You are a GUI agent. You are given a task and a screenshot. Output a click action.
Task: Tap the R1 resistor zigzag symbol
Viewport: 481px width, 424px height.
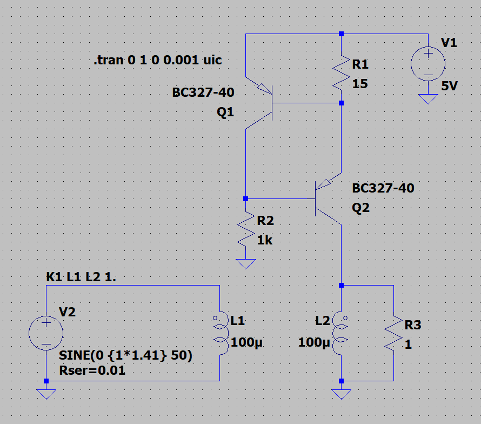(x=341, y=72)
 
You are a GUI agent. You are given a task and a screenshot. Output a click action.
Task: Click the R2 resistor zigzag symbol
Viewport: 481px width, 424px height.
(x=245, y=229)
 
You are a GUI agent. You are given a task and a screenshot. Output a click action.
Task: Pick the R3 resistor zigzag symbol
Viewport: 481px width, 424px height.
(x=393, y=334)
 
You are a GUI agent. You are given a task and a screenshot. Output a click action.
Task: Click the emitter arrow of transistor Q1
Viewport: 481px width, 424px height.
(x=264, y=89)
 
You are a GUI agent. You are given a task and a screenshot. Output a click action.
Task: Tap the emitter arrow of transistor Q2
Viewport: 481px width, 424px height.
(x=323, y=184)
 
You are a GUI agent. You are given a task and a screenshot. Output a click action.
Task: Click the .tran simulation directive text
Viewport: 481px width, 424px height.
(x=158, y=60)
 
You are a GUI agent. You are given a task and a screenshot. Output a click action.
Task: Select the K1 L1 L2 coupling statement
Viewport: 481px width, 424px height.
(x=81, y=277)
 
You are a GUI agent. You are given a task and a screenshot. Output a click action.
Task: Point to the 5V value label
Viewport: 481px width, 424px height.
(x=449, y=86)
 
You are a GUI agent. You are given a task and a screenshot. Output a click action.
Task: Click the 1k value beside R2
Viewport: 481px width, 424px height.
(x=265, y=240)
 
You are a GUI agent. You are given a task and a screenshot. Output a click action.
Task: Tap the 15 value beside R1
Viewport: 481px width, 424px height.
(x=360, y=83)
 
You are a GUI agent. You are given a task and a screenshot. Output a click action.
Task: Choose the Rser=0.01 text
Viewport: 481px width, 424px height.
(x=92, y=370)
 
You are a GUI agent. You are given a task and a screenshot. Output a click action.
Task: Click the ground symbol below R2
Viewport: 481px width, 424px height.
(x=245, y=263)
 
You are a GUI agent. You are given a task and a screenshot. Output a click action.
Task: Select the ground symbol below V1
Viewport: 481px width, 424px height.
(x=428, y=99)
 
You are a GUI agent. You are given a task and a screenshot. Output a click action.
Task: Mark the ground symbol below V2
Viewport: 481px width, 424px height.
(x=46, y=394)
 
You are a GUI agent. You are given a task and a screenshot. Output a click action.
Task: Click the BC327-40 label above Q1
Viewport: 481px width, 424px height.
(x=203, y=92)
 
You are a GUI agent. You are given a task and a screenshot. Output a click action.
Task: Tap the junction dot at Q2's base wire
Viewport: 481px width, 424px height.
(x=245, y=198)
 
